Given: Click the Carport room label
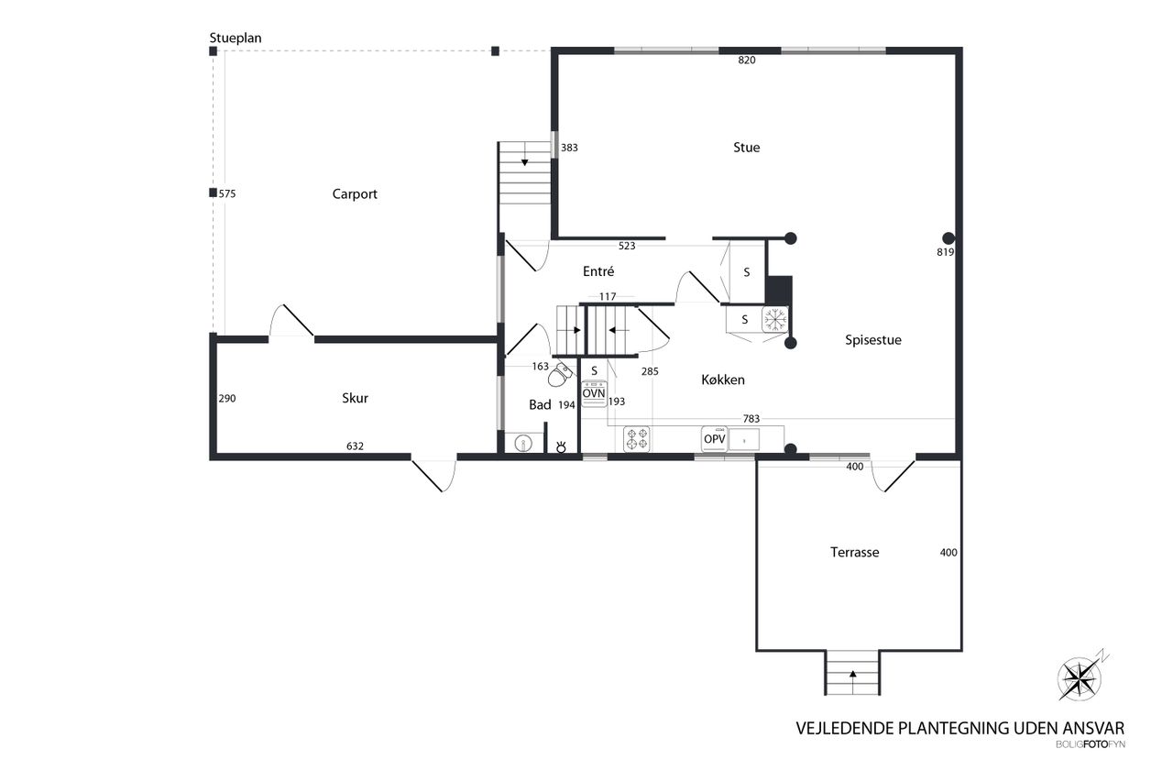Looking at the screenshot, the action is [x=355, y=194].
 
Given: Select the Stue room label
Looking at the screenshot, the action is [x=746, y=148].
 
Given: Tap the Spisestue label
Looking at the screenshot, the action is [x=873, y=340].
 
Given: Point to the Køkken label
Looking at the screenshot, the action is [x=723, y=380].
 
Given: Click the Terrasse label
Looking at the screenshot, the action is [x=855, y=552].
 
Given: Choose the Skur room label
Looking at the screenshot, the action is [x=355, y=398].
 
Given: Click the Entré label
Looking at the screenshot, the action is [x=598, y=271].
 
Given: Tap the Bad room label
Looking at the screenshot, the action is [x=540, y=405].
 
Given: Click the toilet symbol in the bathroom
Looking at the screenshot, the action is [x=560, y=374].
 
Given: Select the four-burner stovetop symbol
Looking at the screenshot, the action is [x=637, y=439].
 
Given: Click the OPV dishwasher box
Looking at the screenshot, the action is [x=714, y=439].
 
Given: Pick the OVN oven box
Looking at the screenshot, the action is [x=594, y=393].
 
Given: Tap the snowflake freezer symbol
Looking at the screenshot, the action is [x=775, y=319].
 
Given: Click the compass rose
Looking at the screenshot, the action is [x=1080, y=678].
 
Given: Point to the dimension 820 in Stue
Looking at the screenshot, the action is [x=747, y=61].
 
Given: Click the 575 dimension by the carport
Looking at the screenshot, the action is [x=227, y=193].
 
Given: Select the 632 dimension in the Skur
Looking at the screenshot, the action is [x=355, y=446].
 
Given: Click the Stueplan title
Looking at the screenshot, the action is [x=236, y=39].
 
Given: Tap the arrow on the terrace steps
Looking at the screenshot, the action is [x=852, y=675].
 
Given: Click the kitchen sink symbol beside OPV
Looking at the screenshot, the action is [x=744, y=439].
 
